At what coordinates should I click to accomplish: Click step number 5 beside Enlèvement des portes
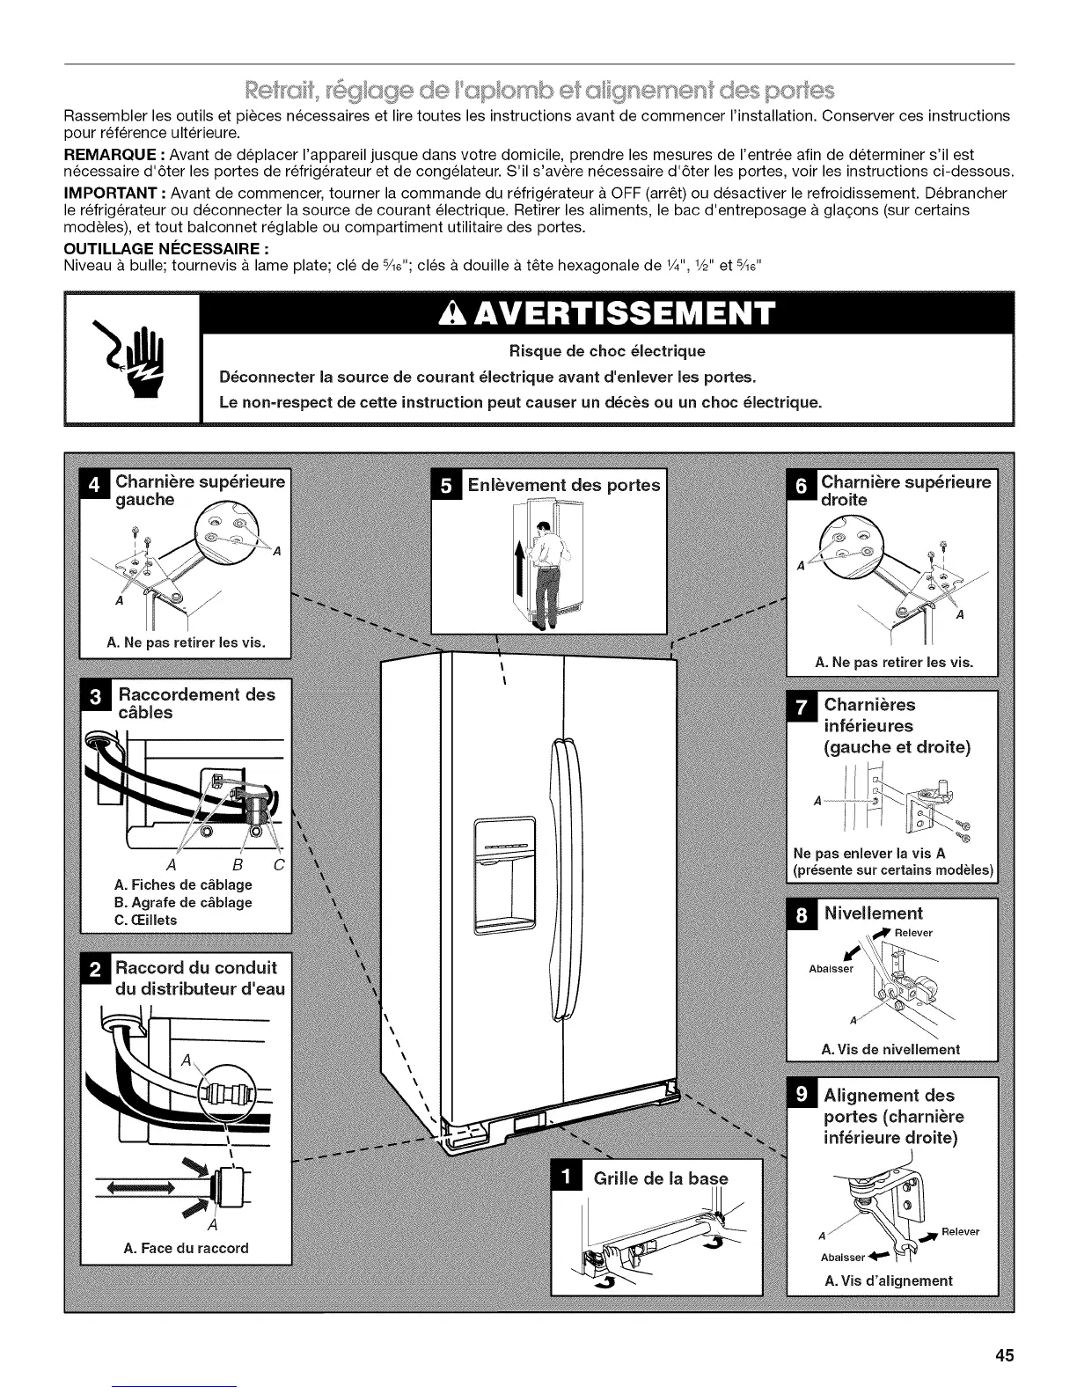(446, 485)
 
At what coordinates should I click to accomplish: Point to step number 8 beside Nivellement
(801, 913)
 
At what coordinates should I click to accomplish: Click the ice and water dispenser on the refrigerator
(504, 876)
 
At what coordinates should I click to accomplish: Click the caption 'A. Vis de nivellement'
(890, 1049)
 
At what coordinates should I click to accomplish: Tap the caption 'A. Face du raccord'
(187, 1247)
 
